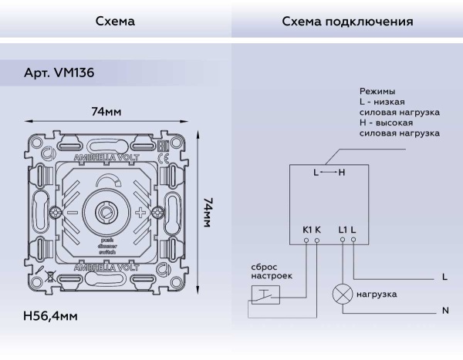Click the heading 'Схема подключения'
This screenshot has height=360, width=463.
pos(346,22)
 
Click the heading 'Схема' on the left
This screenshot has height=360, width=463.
pos(115,22)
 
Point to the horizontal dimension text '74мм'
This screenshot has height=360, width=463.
pos(106,112)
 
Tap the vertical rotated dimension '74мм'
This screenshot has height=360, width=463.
pos(208,212)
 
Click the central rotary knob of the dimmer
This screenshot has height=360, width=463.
pos(105,210)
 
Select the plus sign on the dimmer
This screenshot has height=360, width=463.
pos(140,212)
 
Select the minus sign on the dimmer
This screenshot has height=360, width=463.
pos(71,212)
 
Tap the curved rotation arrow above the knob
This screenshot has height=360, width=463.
pos(105,182)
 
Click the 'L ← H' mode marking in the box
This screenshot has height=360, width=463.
pos(330,173)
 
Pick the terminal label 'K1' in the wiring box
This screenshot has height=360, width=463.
pos(306,230)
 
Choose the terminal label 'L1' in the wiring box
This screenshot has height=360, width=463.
pos(343,230)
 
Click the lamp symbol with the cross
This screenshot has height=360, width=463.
pos(342,294)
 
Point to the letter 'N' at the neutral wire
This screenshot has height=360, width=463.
pos(445,311)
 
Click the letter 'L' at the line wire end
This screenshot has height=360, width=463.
pos(445,276)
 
